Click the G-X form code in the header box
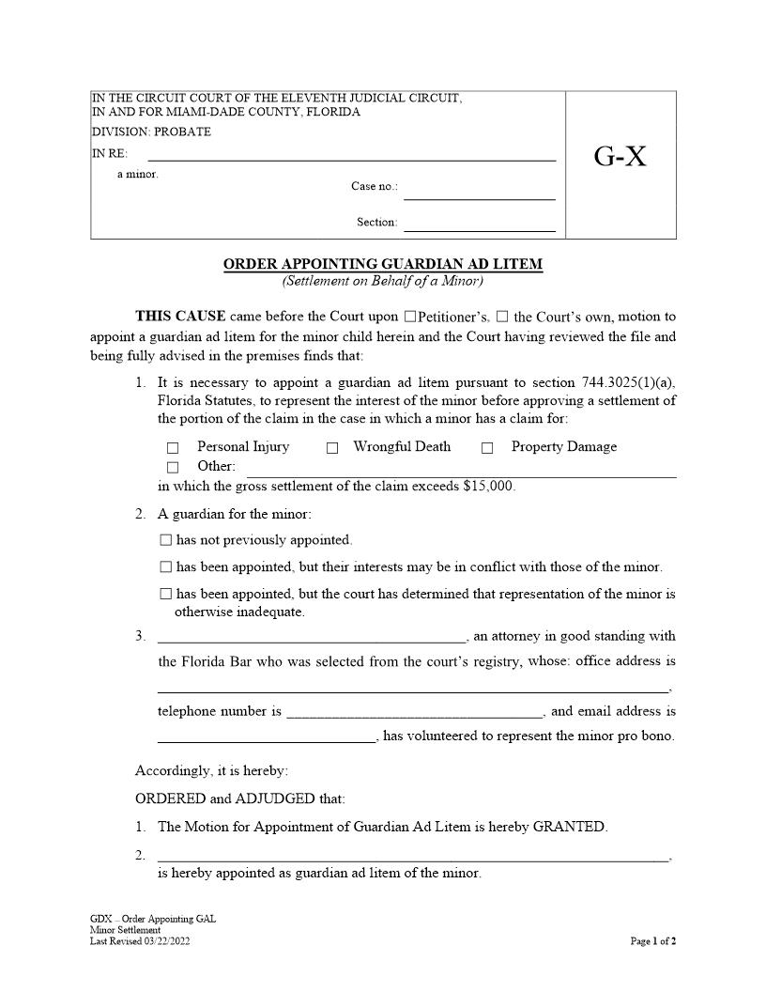tap(620, 156)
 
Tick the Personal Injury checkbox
tap(172, 448)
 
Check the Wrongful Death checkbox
tap(332, 448)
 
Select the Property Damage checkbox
tap(487, 448)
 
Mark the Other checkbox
tap(172, 467)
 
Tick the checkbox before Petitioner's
tap(409, 317)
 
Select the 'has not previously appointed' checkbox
tap(166, 540)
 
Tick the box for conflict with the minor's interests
tap(166, 567)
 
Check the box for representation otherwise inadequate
tap(166, 594)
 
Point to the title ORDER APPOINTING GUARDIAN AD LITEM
tap(383, 264)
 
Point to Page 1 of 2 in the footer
tap(653, 940)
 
